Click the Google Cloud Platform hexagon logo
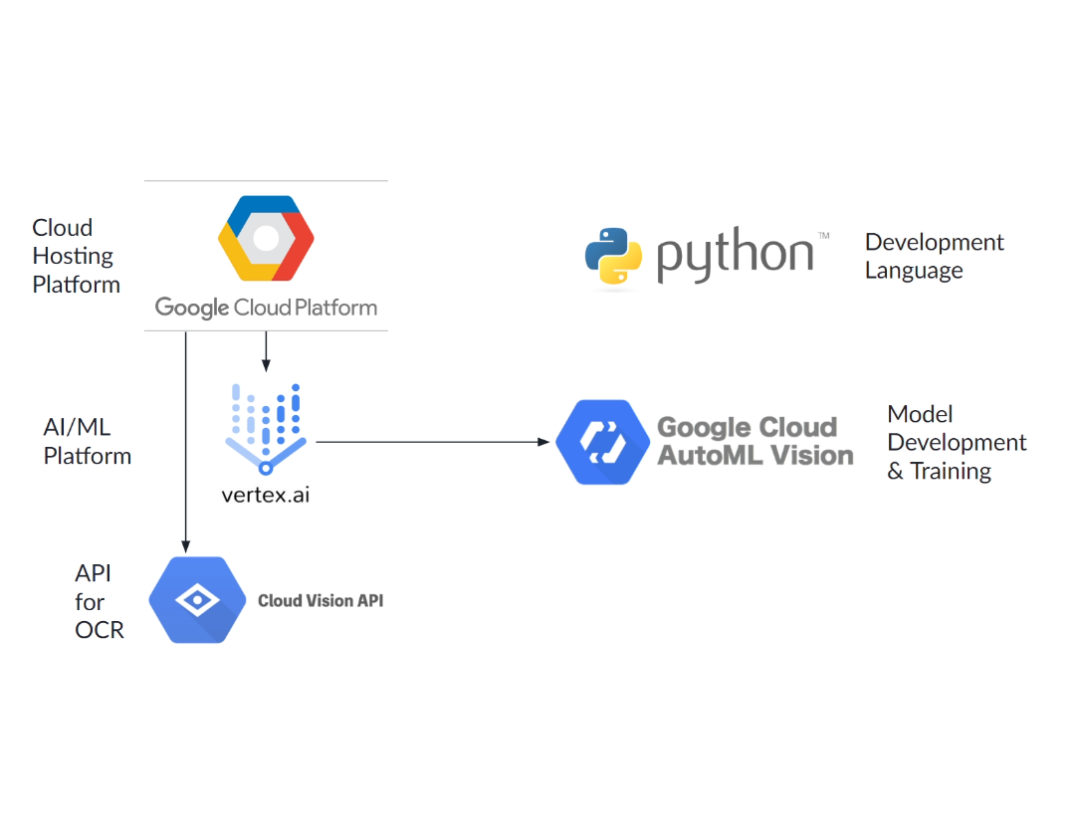pos(266,239)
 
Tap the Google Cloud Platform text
pos(266,308)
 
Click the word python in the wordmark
pos(735,255)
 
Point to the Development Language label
pos(934,257)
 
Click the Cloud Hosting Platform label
pos(76,256)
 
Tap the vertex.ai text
pos(266,494)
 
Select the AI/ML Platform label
pos(87,442)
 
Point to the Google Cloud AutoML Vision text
pos(754,441)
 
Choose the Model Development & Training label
pos(956,443)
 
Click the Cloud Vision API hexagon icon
pos(197,600)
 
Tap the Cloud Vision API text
pos(320,601)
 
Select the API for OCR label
pos(99,601)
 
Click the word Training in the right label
pos(951,471)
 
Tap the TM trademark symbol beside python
pos(823,236)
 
